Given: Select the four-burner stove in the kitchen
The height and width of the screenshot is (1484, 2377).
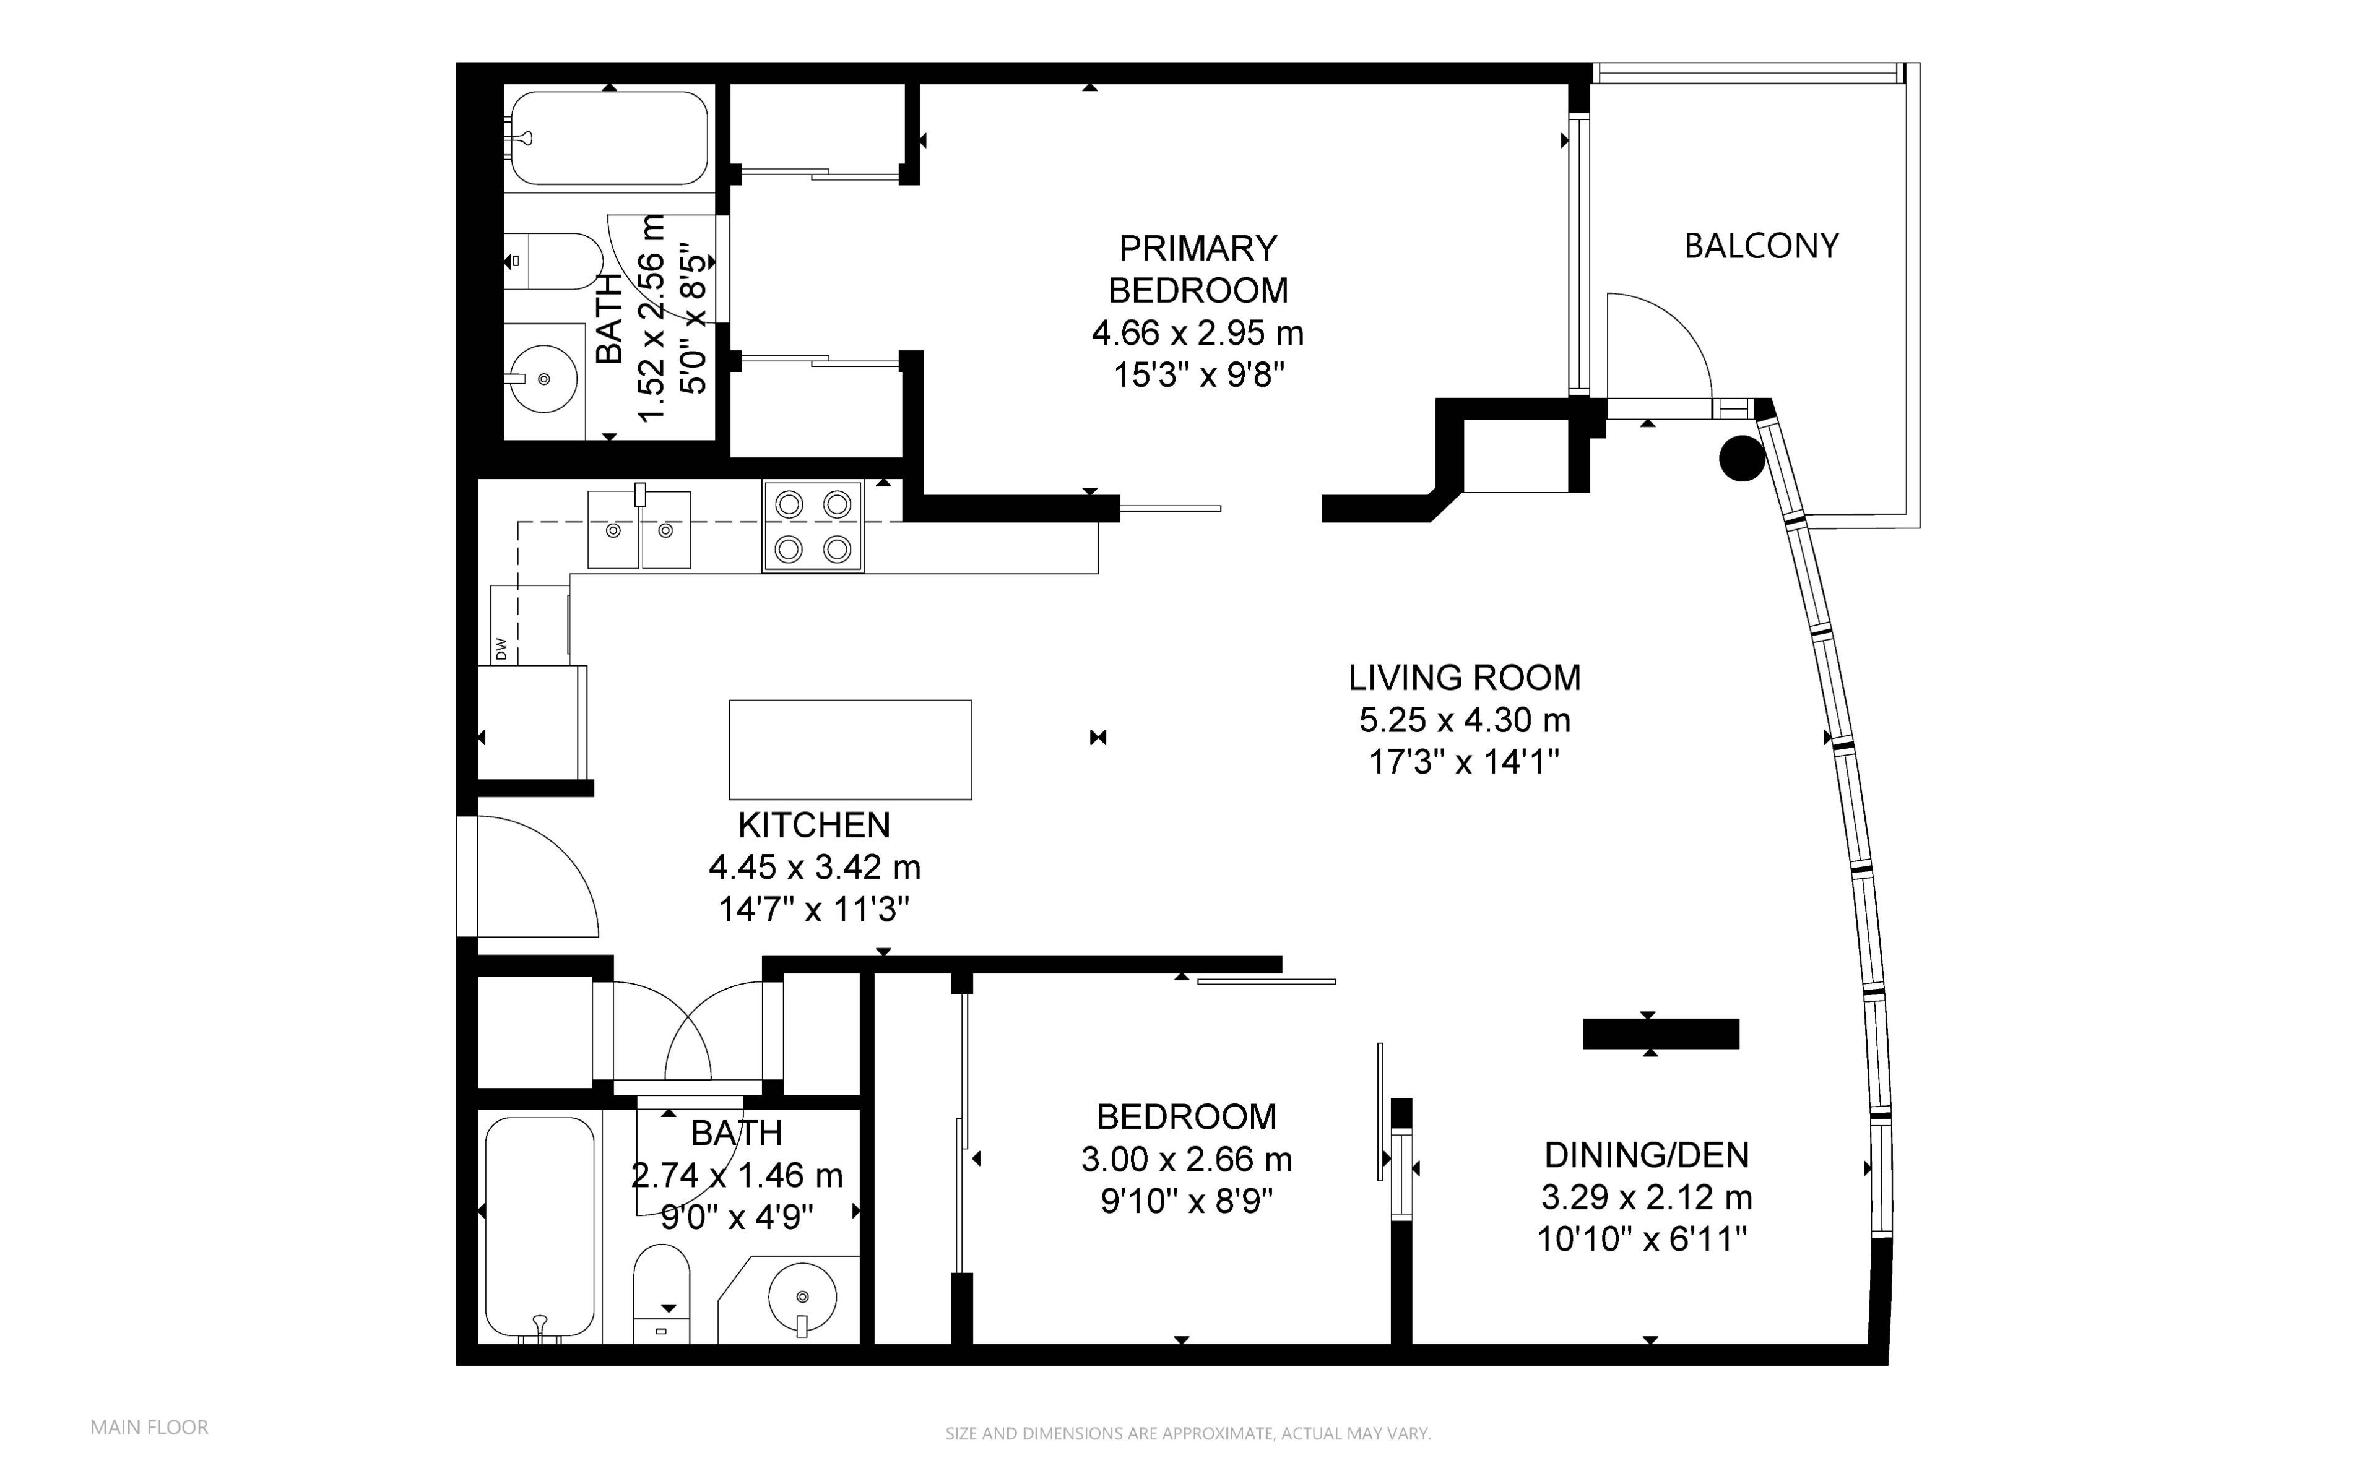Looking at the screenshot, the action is [813, 527].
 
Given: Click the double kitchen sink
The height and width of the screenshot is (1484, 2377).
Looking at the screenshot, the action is [639, 530].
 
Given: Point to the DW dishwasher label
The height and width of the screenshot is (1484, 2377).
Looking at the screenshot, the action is [501, 649].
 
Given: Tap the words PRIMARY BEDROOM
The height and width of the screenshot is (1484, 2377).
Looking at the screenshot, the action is [1198, 269].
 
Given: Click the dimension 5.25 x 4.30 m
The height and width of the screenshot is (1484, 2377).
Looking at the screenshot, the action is [1465, 720].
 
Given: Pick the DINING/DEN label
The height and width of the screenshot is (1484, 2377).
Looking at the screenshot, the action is [1647, 1155].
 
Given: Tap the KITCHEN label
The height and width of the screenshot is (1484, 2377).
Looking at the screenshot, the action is [815, 824].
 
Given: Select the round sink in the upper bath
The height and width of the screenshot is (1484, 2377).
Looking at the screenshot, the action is [543, 378].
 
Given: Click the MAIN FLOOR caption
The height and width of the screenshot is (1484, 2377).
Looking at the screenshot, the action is [149, 1427].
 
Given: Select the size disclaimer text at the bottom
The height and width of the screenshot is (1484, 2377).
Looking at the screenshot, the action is [1187, 1433].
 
